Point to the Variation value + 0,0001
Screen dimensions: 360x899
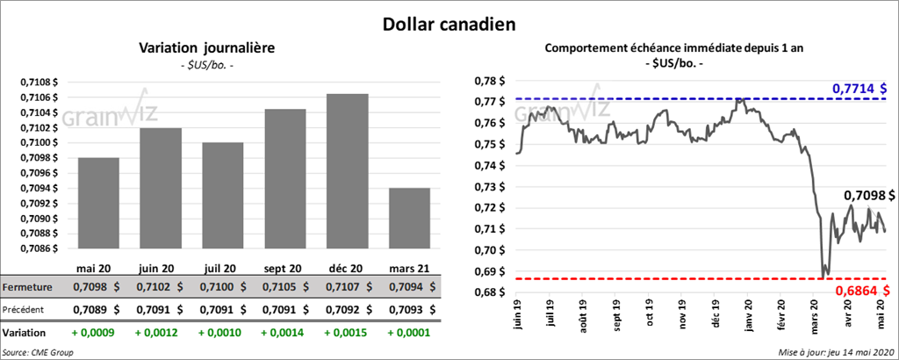tap(409, 333)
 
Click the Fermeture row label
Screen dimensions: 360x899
tap(27, 287)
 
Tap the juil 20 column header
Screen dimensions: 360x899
tap(223, 268)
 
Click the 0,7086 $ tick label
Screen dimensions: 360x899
tap(40, 248)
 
